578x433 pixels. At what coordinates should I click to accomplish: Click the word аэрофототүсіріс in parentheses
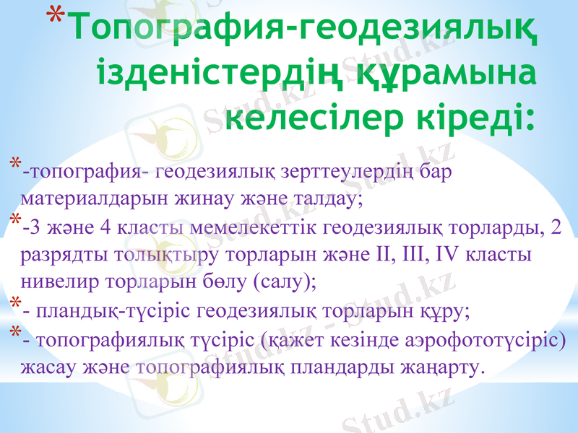coord(486,341)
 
